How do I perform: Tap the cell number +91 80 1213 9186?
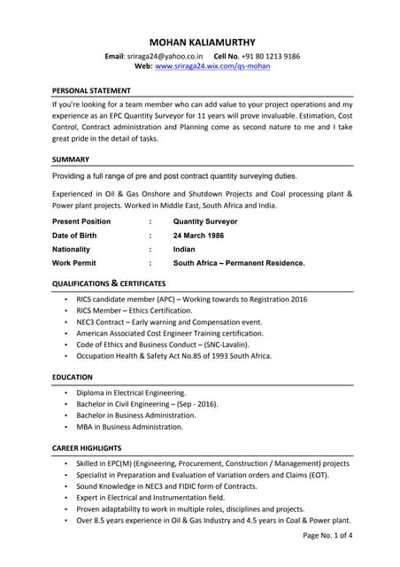[268, 56]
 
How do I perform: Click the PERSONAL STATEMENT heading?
[91, 90]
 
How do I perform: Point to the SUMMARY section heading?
[71, 159]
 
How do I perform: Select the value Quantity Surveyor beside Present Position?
[205, 221]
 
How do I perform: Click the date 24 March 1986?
[198, 235]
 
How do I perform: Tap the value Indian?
[185, 249]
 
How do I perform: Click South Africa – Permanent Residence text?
[239, 263]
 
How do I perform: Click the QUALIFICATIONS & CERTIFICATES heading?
[109, 283]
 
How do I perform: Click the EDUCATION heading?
[73, 377]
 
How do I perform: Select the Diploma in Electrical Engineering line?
[131, 392]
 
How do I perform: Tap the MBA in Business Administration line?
[129, 426]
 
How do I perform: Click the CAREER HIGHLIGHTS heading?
[87, 448]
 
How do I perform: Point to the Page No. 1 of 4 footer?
[327, 535]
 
